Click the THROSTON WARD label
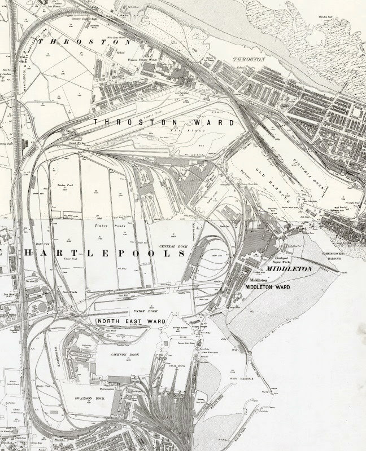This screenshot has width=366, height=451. (x=143, y=122)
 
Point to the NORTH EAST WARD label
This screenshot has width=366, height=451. (x=130, y=321)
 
